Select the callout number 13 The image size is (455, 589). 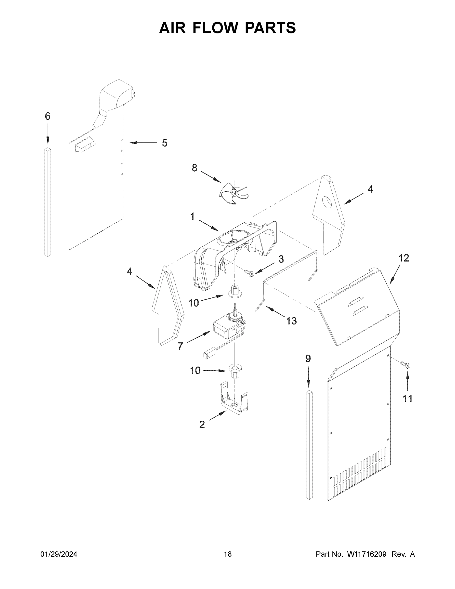[x=291, y=321]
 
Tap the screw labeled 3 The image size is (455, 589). [x=250, y=273]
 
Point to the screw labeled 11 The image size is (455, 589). [x=405, y=365]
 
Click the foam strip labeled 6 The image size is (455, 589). [x=48, y=202]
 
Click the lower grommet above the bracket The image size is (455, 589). [x=235, y=370]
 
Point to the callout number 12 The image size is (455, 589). [x=403, y=258]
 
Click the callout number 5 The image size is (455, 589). [x=164, y=143]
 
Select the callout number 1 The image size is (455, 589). [x=192, y=216]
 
